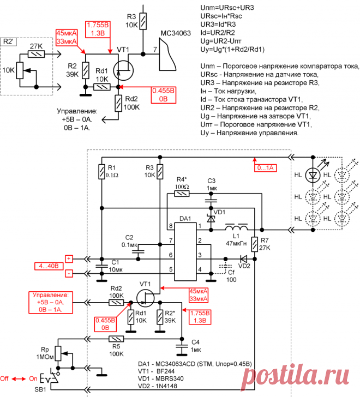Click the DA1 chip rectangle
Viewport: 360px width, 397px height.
coord(185,252)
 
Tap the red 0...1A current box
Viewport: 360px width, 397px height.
coord(265,167)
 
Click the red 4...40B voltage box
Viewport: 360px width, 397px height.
coord(49,266)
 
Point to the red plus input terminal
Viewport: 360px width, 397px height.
coord(69,258)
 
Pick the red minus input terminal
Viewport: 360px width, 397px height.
coord(69,273)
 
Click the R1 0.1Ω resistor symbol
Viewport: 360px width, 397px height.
coord(101,172)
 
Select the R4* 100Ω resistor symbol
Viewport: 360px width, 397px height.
coord(182,194)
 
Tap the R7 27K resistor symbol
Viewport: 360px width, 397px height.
coord(255,244)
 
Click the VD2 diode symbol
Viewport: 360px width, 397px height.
coord(243,258)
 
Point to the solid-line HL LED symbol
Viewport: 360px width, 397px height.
coord(313,175)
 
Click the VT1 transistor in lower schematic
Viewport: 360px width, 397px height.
coord(146,298)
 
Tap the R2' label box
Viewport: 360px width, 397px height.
coord(8,41)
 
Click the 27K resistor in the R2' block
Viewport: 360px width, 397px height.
coord(36,54)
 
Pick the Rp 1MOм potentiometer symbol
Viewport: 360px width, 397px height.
coord(58,353)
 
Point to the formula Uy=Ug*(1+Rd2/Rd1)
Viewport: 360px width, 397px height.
coord(232,50)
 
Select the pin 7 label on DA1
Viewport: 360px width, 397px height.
coord(171,240)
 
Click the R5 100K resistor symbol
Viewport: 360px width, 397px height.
coord(116,339)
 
